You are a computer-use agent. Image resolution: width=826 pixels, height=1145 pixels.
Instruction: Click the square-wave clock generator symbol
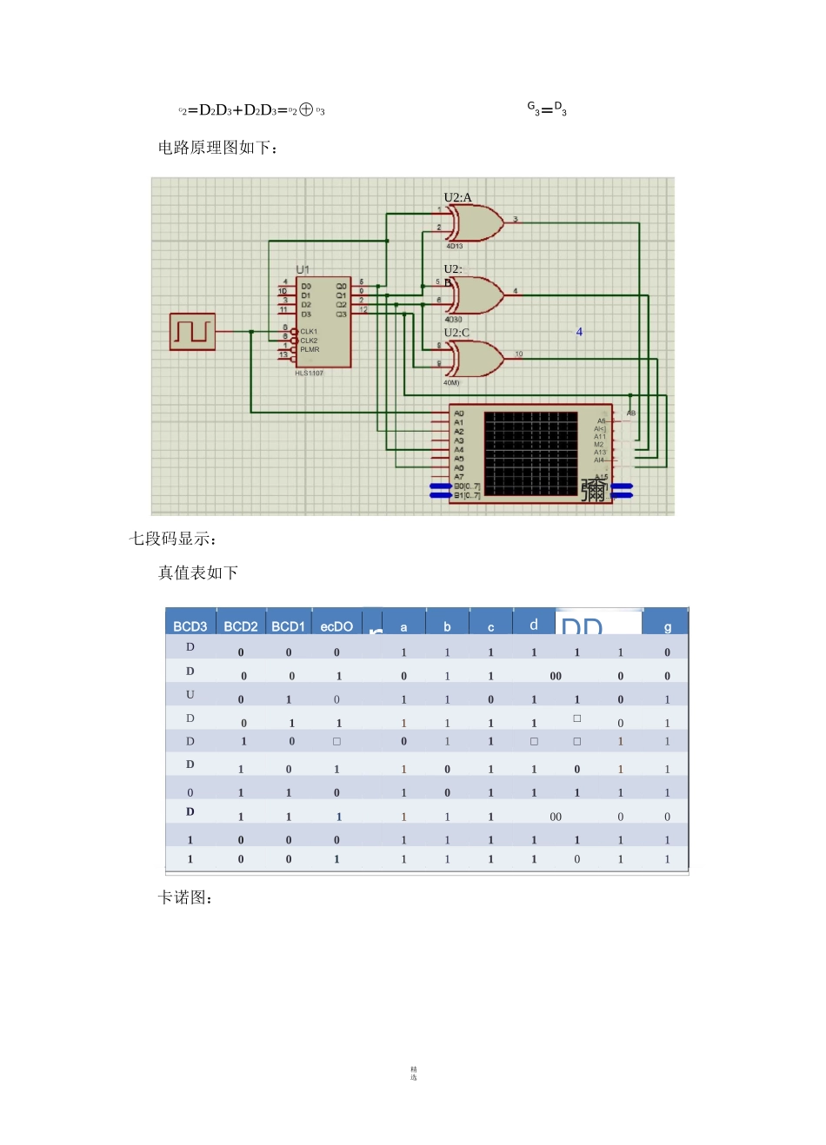point(192,332)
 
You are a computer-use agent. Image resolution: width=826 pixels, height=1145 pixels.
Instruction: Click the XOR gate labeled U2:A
point(475,223)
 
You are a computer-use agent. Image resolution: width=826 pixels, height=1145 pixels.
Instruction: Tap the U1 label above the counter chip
point(303,270)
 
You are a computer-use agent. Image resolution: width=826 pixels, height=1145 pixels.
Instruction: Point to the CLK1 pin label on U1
point(309,332)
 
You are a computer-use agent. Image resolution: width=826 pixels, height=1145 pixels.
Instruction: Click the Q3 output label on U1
point(341,314)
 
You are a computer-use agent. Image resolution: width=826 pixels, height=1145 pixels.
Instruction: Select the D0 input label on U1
point(306,286)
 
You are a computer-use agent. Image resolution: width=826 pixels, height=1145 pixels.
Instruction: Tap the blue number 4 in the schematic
point(579,332)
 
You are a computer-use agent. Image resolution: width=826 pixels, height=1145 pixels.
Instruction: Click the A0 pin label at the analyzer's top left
point(459,414)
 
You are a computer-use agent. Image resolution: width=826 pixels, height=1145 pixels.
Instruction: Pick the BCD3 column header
point(190,626)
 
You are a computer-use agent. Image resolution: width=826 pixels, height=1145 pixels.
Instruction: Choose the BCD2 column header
point(241,626)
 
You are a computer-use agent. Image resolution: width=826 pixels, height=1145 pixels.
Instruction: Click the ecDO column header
point(336,626)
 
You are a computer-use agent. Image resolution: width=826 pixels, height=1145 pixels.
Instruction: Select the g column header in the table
point(667,626)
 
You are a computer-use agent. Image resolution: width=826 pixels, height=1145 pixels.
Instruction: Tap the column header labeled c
point(490,626)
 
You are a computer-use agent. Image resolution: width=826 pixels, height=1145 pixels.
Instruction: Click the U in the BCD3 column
point(190,695)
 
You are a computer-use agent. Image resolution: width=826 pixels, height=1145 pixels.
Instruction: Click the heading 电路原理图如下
point(217,148)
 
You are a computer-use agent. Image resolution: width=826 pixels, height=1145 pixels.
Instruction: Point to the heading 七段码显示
point(172,539)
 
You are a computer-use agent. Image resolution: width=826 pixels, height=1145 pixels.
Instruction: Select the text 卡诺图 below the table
point(185,897)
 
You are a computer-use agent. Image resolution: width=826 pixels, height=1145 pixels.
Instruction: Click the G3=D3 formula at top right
point(547,109)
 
